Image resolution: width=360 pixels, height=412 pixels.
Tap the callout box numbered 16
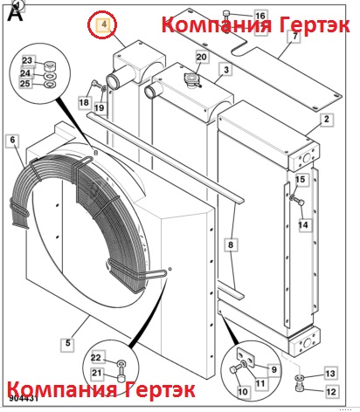coord(260,16)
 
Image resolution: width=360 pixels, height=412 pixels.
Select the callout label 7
coord(294,37)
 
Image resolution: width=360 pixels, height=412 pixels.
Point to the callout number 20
coord(201,57)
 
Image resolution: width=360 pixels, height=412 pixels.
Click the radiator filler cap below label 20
coord(192,79)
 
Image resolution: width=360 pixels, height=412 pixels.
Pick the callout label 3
coord(226,70)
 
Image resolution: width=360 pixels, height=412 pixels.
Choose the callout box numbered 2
coord(327,119)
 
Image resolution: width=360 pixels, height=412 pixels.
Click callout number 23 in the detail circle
coord(27,61)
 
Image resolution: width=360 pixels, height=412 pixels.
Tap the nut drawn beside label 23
coord(49,66)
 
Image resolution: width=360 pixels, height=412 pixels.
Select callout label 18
coord(84,102)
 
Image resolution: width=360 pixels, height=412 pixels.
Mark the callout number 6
coord(12,140)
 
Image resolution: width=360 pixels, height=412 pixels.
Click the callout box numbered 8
coord(231,244)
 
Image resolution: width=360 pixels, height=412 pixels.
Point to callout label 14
coord(303,225)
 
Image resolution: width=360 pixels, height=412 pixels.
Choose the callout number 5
coord(67,343)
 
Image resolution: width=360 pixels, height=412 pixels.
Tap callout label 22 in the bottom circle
coord(96,358)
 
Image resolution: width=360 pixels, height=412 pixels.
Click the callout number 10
coord(243,391)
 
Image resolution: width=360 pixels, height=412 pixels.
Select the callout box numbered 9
coord(273,370)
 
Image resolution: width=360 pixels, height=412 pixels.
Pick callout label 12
coord(331,392)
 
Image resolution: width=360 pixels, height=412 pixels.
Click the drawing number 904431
coord(23,398)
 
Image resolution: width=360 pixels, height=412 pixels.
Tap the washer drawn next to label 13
coord(300,378)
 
